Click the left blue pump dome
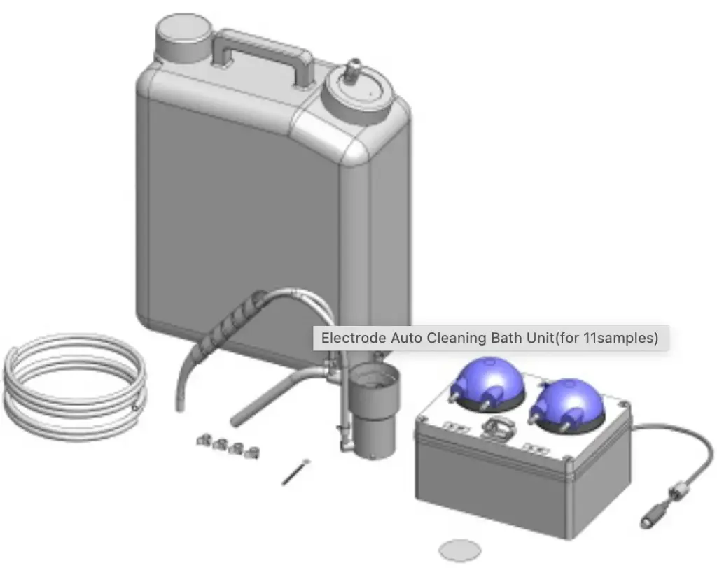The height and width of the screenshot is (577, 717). pyautogui.click(x=488, y=383)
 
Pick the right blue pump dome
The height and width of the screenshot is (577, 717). pyautogui.click(x=569, y=401)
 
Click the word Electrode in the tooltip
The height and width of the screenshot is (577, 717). pyautogui.click(x=354, y=338)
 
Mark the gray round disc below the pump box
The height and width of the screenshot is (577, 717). pyautogui.click(x=460, y=550)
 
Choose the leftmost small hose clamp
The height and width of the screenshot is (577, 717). pyautogui.click(x=204, y=440)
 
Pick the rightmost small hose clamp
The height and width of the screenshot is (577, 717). pyautogui.click(x=251, y=453)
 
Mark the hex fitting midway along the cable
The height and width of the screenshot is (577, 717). pyautogui.click(x=678, y=492)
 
